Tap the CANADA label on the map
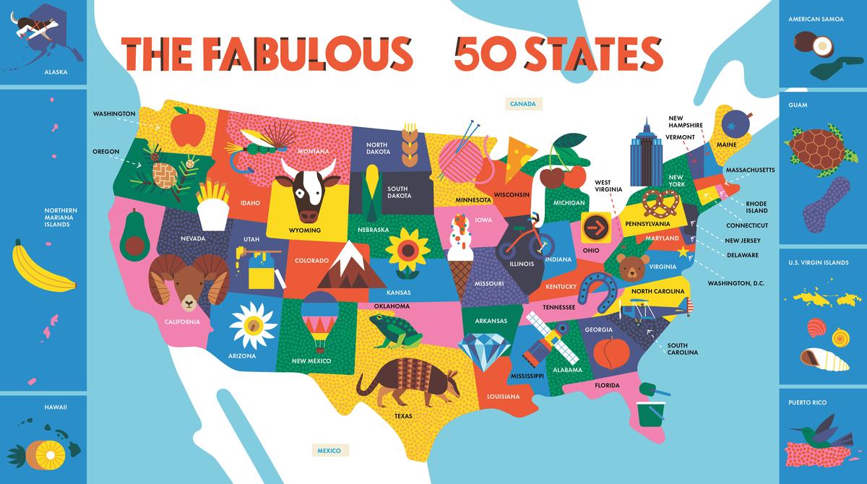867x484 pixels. pyautogui.click(x=522, y=104)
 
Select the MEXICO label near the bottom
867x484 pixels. pyautogui.click(x=329, y=451)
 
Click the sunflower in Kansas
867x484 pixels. pyautogui.click(x=402, y=250)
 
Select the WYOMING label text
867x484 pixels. pyautogui.click(x=304, y=230)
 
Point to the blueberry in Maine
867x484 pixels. pyautogui.click(x=734, y=122)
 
